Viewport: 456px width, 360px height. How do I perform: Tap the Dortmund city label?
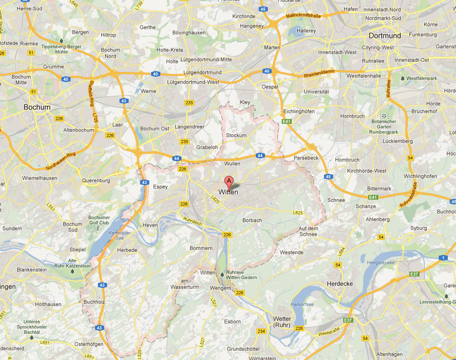[384, 36]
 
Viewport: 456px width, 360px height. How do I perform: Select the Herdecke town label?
[339, 284]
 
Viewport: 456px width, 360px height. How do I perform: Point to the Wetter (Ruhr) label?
[282, 322]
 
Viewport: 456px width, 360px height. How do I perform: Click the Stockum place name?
[236, 135]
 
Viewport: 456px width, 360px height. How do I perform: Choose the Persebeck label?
[306, 157]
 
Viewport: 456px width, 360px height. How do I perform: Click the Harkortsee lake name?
[302, 304]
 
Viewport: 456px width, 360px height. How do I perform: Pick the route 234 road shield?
[261, 331]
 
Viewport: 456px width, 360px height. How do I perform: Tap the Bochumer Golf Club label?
[99, 220]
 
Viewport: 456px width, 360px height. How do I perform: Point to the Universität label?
[317, 91]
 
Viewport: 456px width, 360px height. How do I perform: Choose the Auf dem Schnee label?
[308, 231]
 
